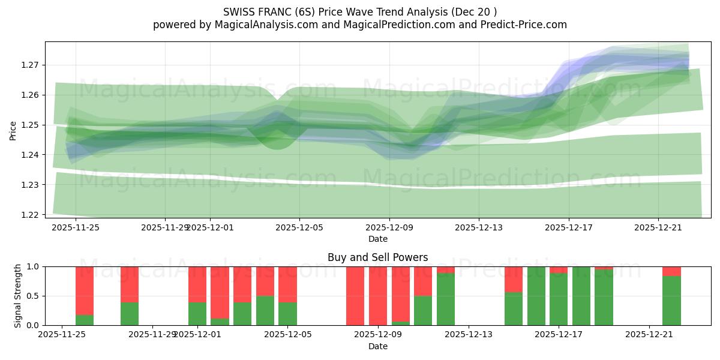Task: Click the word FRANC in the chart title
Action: [276, 11]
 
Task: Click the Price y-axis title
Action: [13, 130]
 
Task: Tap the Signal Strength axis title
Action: [18, 296]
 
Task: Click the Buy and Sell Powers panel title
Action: [377, 257]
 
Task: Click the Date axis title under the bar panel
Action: [377, 346]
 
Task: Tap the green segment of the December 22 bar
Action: [671, 301]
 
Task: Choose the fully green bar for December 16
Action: [536, 296]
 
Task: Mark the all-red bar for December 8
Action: [355, 296]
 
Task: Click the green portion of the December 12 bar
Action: [446, 299]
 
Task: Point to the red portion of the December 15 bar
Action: [514, 279]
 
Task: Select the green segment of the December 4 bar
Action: [265, 310]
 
